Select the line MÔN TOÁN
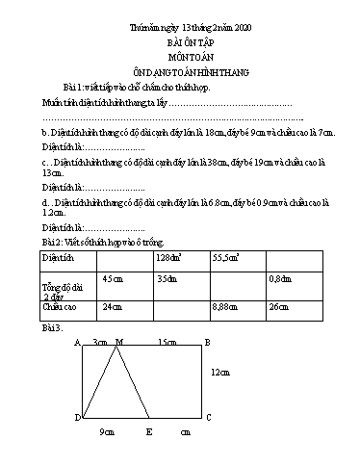[180, 60]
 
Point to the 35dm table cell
[167, 278]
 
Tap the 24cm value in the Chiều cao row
[113, 306]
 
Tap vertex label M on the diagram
[118, 342]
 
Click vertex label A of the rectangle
[77, 342]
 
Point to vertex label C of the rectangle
[208, 417]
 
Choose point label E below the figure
[148, 433]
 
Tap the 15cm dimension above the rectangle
[166, 342]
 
